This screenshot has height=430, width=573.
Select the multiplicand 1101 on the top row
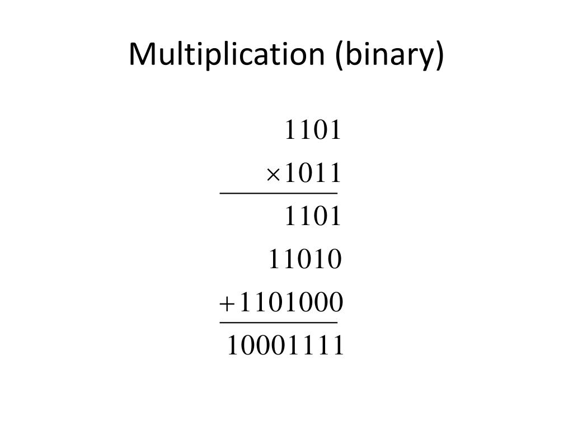[x=313, y=130]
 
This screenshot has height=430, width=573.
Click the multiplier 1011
[x=313, y=174]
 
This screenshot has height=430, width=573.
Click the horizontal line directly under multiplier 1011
[x=278, y=194]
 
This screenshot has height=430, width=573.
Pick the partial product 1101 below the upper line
[x=313, y=217]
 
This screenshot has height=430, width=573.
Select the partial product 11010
[x=305, y=260]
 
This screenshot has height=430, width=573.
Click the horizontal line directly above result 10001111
[x=278, y=322]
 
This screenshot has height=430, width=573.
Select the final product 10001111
[x=285, y=346]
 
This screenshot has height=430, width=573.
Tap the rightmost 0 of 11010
[x=335, y=260]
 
